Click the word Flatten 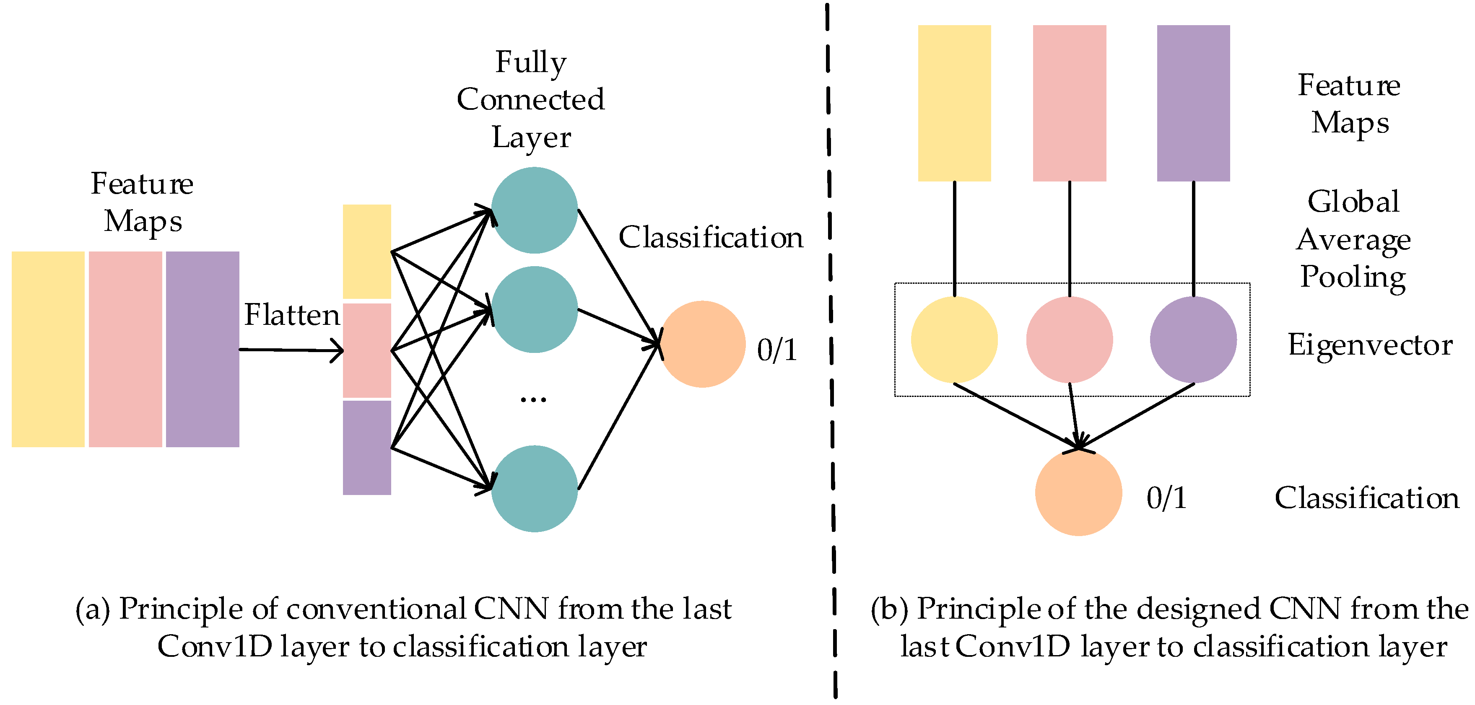click(x=292, y=315)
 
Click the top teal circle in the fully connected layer click(x=534, y=210)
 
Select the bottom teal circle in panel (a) click(x=534, y=489)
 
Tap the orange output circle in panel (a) click(x=703, y=345)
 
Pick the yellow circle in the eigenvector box click(x=954, y=340)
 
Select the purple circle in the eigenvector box click(x=1193, y=340)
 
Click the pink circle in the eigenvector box click(x=1069, y=340)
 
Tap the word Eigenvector click(x=1370, y=345)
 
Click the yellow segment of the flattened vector click(x=366, y=252)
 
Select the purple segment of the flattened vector click(x=366, y=448)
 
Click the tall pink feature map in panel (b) click(x=1069, y=103)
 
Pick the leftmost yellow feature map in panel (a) click(x=48, y=349)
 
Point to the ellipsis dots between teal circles click(x=533, y=399)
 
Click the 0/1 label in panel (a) click(x=777, y=350)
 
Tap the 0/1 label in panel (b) click(x=1166, y=498)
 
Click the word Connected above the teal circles click(x=530, y=100)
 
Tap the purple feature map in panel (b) click(x=1193, y=103)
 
